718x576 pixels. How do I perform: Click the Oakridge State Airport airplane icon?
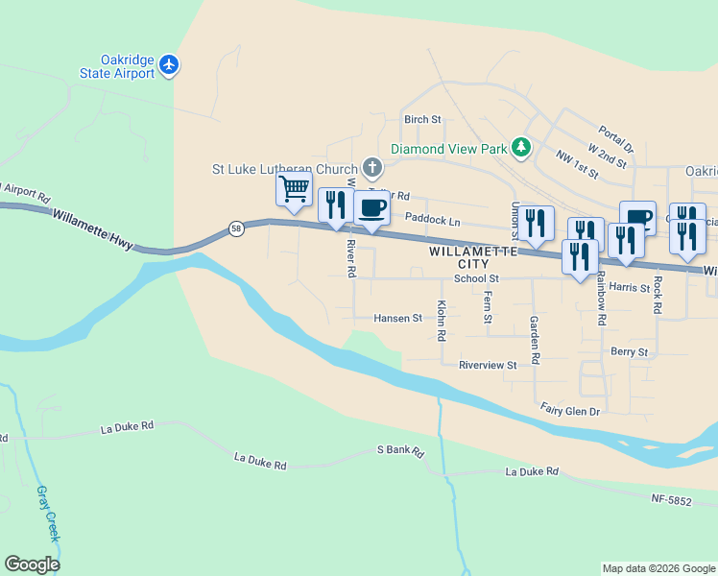pos(170,64)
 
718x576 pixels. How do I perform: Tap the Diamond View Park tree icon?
pos(521,148)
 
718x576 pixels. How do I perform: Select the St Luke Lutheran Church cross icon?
pos(372,169)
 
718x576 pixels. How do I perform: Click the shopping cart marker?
pos(295,187)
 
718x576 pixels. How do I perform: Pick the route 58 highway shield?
pos(236,228)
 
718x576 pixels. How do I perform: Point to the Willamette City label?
pos(466,256)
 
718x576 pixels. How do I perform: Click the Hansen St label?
pos(397,318)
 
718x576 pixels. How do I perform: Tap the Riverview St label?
pos(488,365)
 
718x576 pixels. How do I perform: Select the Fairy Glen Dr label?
pos(569,411)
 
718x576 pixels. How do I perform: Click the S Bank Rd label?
pos(400,449)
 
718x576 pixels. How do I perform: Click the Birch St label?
pos(422,120)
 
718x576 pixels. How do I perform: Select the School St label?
pos(477,279)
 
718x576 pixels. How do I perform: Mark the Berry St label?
pos(629,352)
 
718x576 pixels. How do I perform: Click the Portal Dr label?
pos(615,139)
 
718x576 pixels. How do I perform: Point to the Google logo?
pos(32,564)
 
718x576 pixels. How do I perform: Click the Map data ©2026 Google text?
pos(658,568)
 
